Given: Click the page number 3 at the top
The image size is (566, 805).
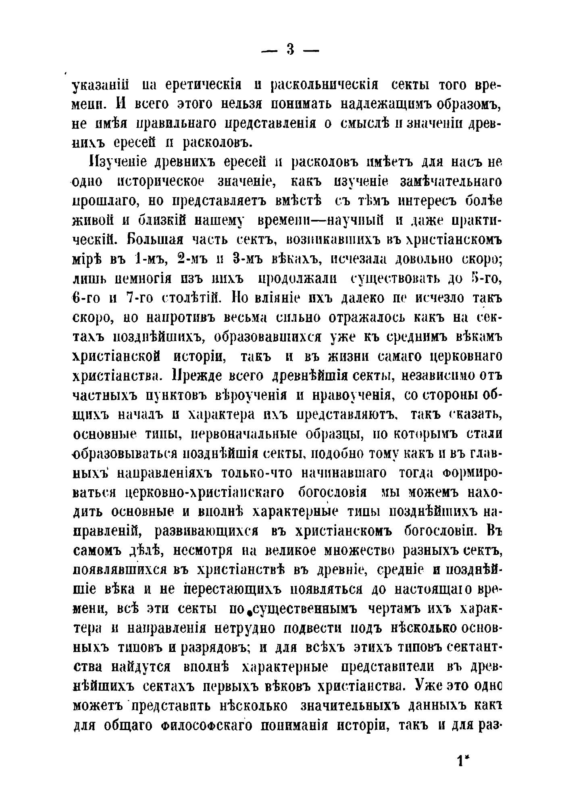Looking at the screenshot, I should coord(290,50).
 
